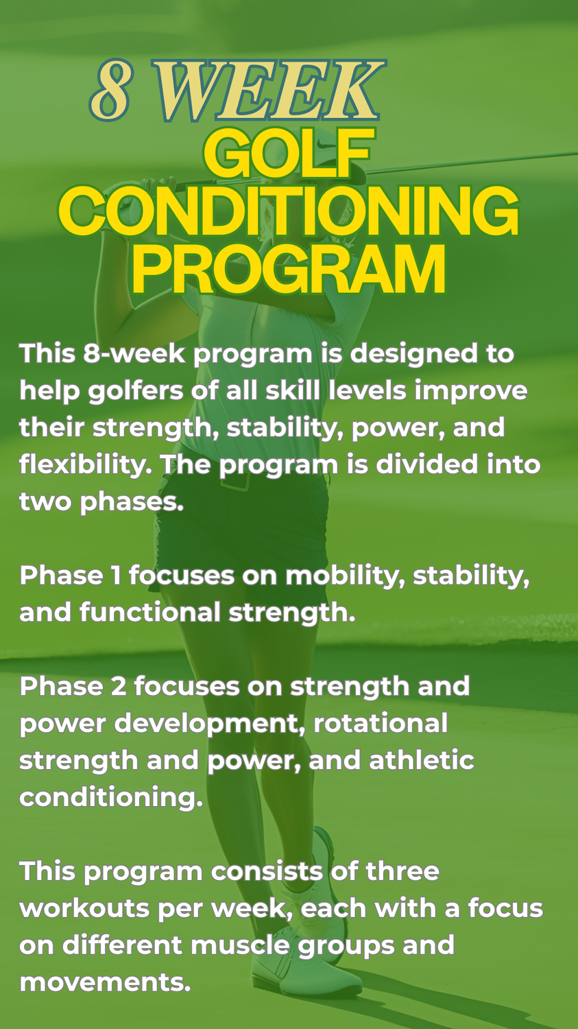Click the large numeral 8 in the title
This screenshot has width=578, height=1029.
click(110, 91)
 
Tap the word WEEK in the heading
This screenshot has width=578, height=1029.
click(269, 91)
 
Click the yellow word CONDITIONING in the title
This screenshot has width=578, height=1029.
click(288, 211)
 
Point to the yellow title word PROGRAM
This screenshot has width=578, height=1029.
click(289, 269)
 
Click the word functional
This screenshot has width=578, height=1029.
click(150, 613)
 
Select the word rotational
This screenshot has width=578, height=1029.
click(381, 723)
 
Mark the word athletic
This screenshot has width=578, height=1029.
click(422, 760)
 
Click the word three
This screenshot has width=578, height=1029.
click(402, 871)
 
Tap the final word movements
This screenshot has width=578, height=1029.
click(105, 982)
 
